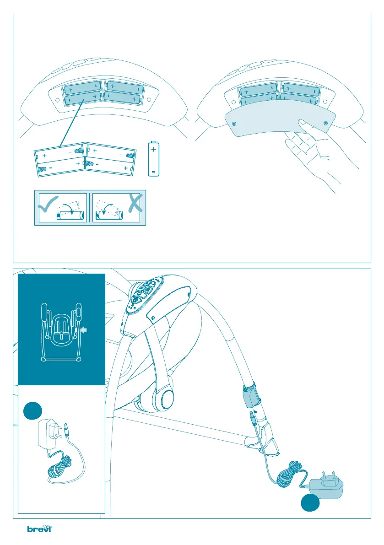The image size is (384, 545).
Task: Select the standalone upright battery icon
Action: (154, 158)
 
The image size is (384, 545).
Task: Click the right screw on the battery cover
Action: (325, 123)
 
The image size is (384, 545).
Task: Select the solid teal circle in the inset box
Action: (32, 410)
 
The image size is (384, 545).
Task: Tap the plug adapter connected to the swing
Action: (327, 486)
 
